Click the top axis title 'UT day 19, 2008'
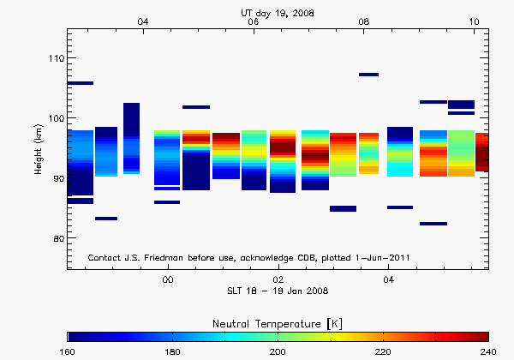point(279,10)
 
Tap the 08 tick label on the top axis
point(364,21)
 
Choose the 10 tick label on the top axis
point(475,21)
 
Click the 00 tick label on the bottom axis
point(168,279)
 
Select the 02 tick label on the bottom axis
point(278,279)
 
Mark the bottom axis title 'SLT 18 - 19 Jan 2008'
point(278,291)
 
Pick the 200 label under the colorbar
point(278,351)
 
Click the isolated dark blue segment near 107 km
point(368,75)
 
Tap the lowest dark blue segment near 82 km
point(433,224)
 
